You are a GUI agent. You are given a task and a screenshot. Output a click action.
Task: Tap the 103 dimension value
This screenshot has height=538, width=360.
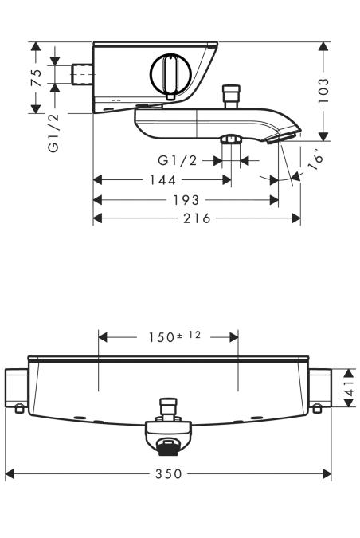(x=324, y=89)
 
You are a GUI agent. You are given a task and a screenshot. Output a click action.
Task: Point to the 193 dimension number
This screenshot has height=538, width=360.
(x=186, y=200)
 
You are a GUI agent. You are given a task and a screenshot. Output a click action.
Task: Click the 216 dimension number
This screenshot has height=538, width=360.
(x=196, y=218)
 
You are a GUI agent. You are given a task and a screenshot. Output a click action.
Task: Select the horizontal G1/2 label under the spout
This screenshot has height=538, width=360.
(x=178, y=160)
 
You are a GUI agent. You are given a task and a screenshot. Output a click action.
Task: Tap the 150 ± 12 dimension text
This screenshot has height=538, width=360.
(x=168, y=336)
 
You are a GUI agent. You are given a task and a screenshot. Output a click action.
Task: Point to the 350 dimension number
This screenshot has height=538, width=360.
(x=168, y=474)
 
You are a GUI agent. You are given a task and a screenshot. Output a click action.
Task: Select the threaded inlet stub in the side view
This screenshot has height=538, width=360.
(x=81, y=74)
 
